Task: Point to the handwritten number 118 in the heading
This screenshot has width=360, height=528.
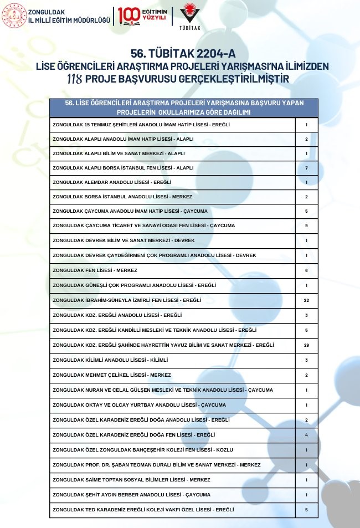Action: pos(74,79)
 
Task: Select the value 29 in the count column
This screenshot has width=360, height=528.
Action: pos(306,345)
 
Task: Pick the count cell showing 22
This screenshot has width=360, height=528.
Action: pos(306,300)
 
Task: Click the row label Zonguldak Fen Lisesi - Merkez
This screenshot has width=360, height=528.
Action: pos(95,270)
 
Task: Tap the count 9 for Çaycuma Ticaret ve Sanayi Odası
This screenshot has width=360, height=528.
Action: pos(306,225)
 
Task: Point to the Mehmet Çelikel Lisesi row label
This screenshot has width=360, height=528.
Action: pos(112,375)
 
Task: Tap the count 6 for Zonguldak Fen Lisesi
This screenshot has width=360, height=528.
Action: pos(306,270)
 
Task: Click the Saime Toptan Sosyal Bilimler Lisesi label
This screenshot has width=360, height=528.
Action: pos(131,480)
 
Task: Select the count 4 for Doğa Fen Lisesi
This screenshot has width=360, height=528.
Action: pos(306,435)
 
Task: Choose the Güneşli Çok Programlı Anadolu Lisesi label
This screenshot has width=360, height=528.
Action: pos(134,285)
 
